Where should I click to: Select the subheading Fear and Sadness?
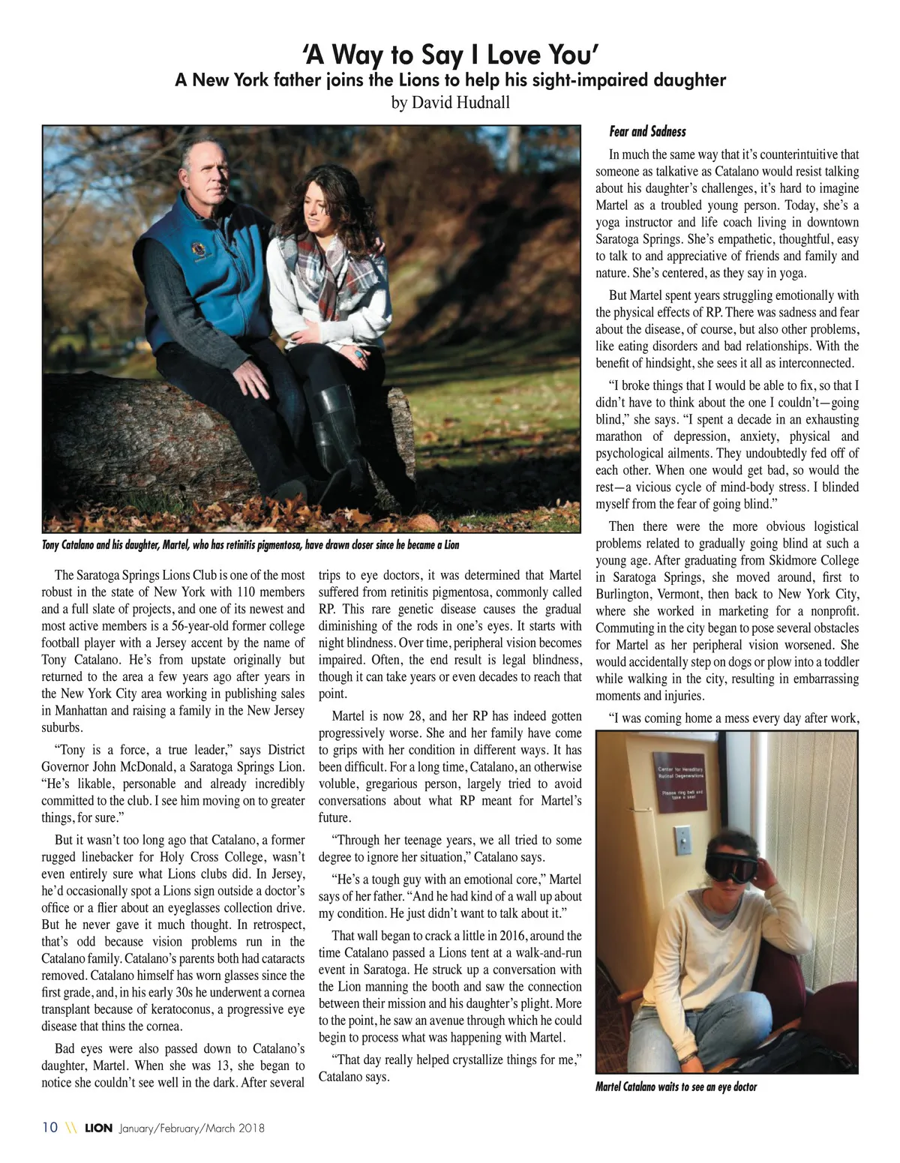point(647,132)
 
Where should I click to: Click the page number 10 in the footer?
point(50,1129)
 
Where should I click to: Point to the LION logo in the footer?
point(98,1129)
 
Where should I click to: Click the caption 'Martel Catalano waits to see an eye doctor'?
point(676,1087)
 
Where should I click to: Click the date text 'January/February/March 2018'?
point(191,1129)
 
